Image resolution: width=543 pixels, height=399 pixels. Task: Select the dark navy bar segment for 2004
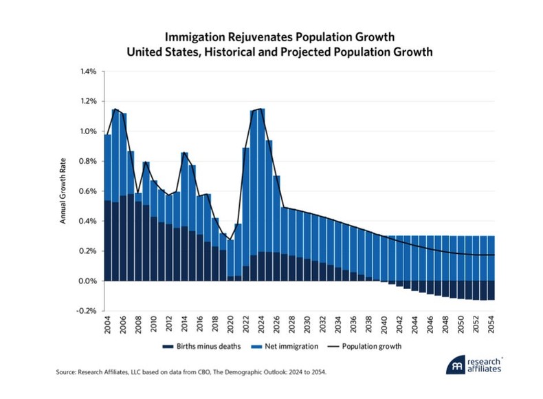click(x=108, y=241)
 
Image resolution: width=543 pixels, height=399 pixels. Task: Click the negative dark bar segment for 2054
click(x=491, y=290)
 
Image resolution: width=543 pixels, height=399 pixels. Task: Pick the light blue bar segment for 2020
click(x=230, y=258)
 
